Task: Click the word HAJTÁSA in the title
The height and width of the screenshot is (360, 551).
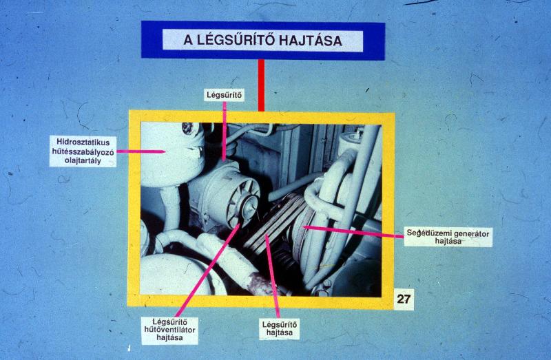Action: point(311,41)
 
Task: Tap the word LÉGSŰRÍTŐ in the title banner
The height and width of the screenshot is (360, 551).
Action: point(235,40)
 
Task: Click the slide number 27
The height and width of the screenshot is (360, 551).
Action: point(404,299)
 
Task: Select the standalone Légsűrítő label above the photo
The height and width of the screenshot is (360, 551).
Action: point(225,95)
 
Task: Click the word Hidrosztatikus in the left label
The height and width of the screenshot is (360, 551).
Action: point(83,142)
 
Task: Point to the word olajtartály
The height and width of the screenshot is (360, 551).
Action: point(83,161)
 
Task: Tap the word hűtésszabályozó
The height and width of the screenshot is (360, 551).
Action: point(83,151)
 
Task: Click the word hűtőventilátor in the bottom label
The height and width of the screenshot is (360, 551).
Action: point(169,330)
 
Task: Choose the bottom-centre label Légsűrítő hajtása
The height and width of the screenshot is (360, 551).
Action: point(280,328)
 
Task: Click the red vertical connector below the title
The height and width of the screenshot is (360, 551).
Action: point(261,85)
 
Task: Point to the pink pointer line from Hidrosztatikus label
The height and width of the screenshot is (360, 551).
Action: point(141,151)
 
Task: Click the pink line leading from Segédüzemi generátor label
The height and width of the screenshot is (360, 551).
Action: point(353,231)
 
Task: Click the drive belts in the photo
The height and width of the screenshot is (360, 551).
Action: point(274,223)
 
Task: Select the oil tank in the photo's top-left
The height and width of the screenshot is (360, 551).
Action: point(172,155)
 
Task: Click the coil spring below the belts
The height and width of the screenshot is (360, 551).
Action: point(286,261)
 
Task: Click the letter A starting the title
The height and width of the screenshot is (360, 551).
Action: point(188,41)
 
